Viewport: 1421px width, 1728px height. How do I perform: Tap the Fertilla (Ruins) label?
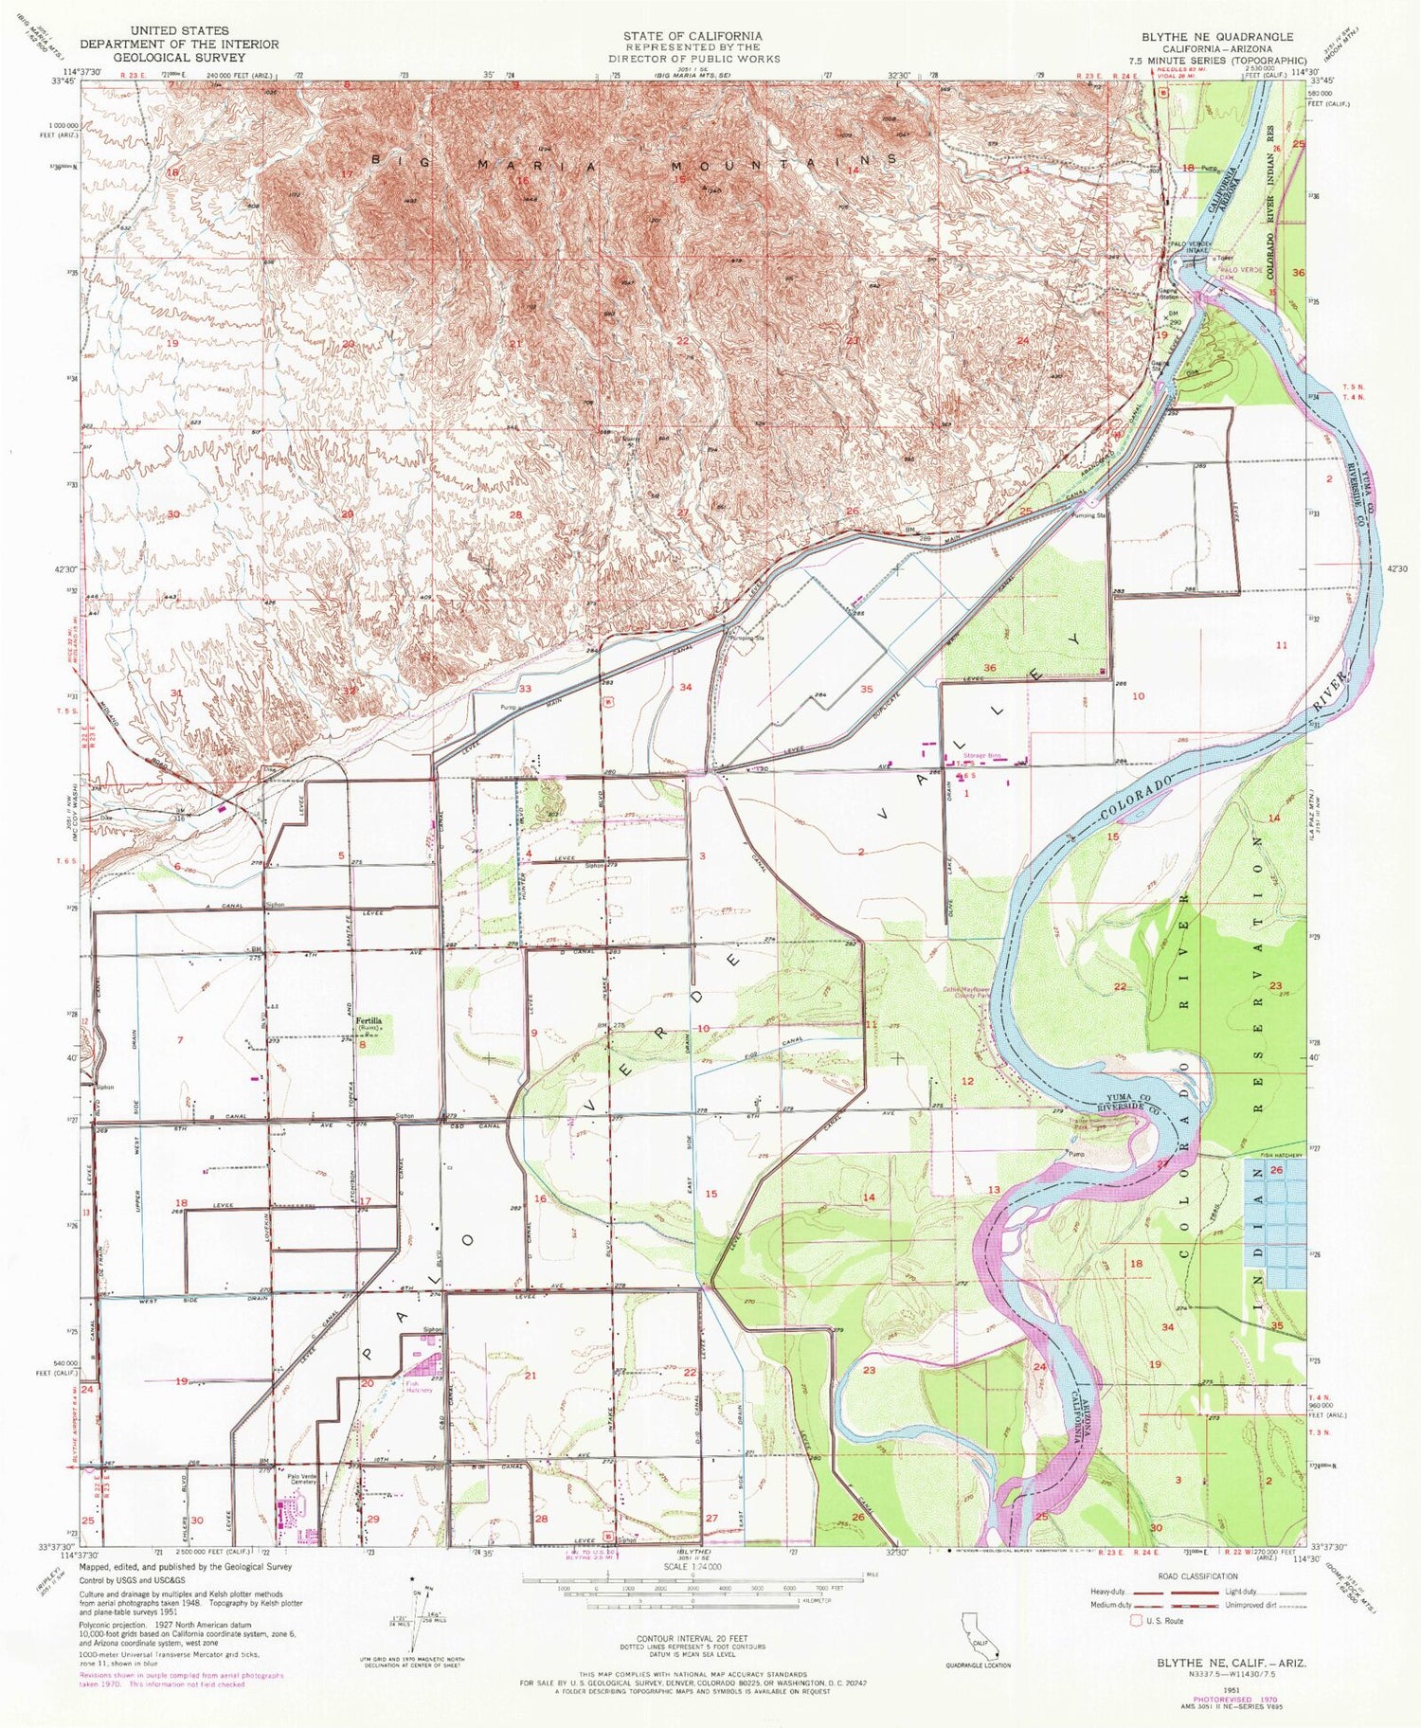click(369, 1024)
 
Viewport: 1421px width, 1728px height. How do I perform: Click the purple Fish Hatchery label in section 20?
click(420, 1387)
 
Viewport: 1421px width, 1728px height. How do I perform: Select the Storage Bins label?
click(981, 755)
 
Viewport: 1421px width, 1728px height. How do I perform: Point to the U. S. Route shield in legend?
click(1137, 1621)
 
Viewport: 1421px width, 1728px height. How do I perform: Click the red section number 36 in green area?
click(990, 669)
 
